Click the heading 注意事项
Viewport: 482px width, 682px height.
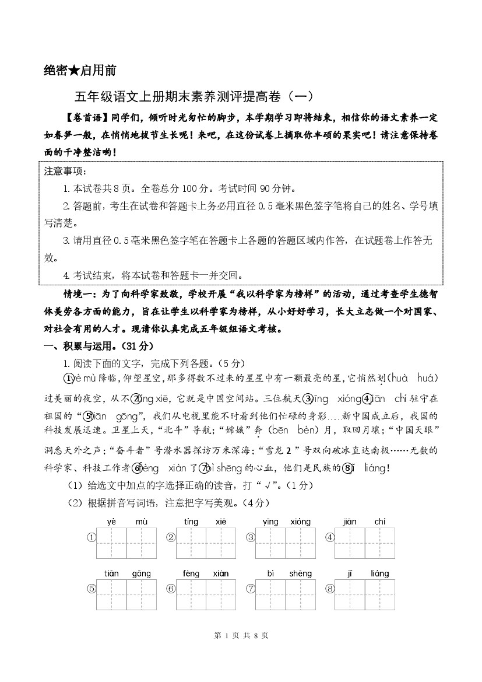point(65,172)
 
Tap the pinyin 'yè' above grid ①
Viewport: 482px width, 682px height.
point(112,522)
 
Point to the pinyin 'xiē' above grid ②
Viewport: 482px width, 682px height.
point(220,522)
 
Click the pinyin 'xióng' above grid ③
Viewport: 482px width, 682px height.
point(300,522)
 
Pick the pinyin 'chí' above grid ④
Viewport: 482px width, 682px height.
point(380,522)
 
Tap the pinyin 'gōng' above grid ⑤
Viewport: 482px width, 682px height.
point(141,573)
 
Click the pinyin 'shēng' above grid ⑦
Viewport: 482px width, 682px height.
point(300,573)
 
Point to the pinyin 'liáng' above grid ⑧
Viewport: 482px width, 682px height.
point(379,573)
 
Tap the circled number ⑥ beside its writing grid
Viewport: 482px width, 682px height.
point(171,589)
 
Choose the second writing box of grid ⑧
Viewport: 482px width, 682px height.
point(380,594)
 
